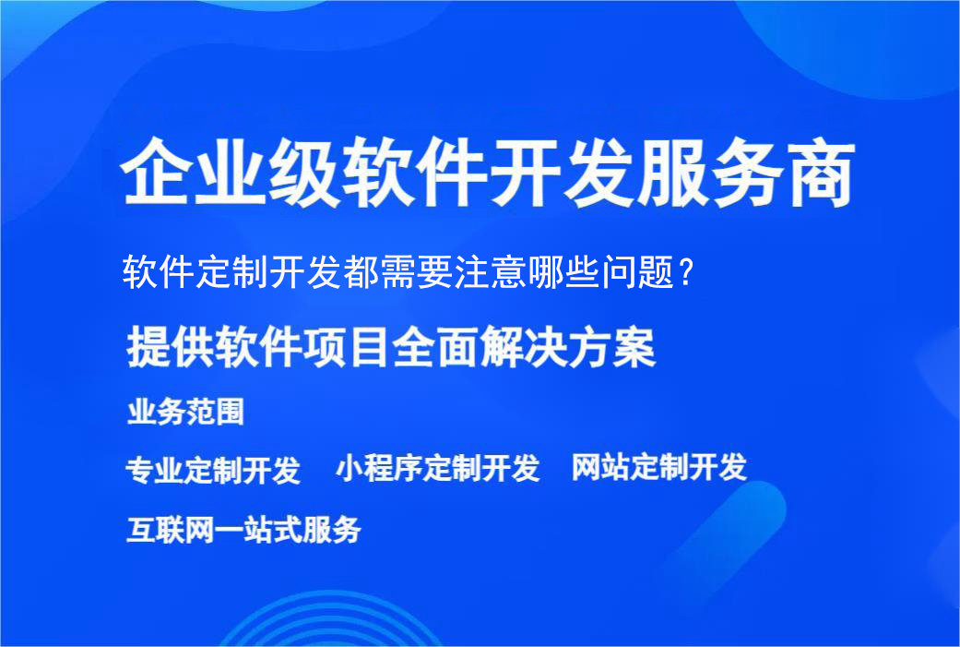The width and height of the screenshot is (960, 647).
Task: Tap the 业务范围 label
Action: (x=185, y=412)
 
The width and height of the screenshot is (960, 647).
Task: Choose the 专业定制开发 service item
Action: (x=213, y=470)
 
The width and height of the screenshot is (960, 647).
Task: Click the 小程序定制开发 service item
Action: (x=437, y=468)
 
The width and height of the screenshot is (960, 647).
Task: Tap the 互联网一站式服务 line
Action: (x=243, y=530)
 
